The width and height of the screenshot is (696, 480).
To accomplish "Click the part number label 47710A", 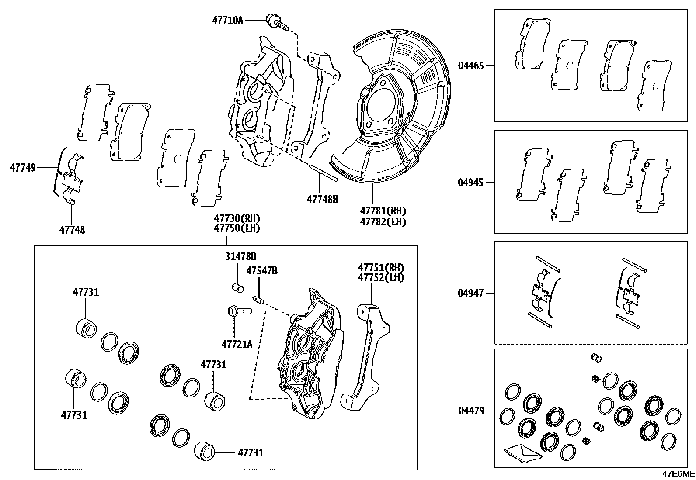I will coord(227,20).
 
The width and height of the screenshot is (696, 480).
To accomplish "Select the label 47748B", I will coord(323,199).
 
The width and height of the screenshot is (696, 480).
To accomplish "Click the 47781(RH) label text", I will coord(383,211).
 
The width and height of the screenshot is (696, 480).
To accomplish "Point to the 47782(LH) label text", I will coord(383,222).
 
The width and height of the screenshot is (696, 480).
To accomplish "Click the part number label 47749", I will coord(23,167).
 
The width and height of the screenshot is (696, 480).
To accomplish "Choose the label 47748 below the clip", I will coord(72,229).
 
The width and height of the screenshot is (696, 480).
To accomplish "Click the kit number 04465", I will coord(471,66).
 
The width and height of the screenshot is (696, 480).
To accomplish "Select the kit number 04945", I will coord(471,183).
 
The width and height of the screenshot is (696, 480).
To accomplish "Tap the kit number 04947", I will coord(471,293).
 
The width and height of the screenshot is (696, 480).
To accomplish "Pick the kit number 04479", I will coord(471,411).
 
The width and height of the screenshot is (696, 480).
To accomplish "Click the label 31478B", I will coord(240,257).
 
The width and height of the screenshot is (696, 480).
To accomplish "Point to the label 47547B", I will coord(261,271).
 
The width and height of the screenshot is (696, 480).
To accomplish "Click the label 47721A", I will coord(237,344).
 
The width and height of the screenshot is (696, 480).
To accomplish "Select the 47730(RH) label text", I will coord(237,218).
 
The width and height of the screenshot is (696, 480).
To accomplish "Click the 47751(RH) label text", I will coord(381,267).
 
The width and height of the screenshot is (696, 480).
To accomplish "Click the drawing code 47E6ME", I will coord(678,474).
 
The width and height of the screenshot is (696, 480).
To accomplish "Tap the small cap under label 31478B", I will coord(237,287).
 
